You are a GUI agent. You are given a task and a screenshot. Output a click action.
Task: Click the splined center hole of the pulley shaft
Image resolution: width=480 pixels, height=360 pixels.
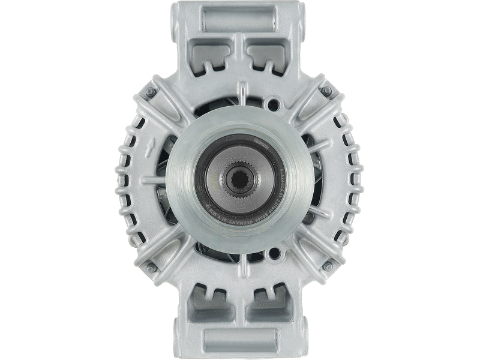click(x=239, y=180)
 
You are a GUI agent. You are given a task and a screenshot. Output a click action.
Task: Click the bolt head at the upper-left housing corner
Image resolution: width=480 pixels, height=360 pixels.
click(x=155, y=91)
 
